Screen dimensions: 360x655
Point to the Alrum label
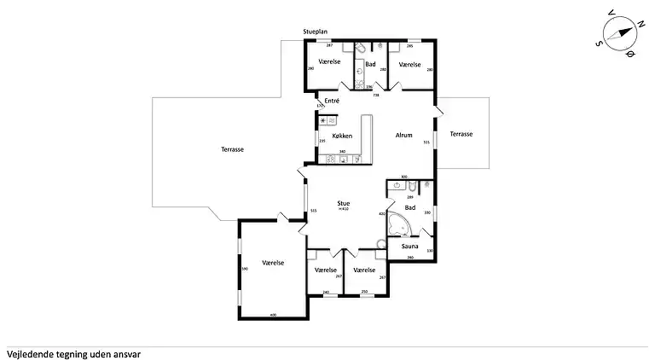(404, 135)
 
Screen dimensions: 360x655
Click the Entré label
(333, 102)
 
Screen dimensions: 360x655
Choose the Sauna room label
(409, 246)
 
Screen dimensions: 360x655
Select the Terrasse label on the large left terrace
(233, 149)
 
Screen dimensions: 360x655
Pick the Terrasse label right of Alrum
(461, 134)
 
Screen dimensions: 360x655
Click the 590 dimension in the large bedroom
(244, 270)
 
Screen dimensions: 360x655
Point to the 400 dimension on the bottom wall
(273, 315)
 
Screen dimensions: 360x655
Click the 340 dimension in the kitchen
(342, 152)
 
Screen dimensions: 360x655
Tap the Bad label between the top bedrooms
(370, 64)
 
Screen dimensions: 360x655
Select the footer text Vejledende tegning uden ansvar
(73, 352)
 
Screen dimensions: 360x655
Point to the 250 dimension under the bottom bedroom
(364, 292)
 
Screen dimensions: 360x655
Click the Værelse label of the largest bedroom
(273, 263)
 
